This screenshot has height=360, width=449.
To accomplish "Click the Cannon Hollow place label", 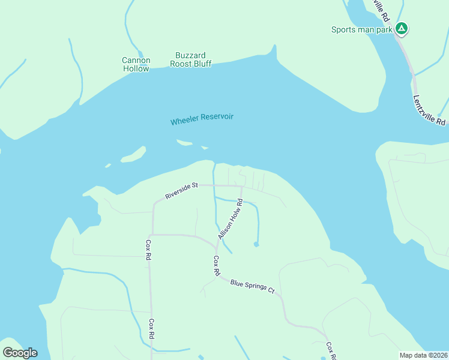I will pyautogui.click(x=136, y=64).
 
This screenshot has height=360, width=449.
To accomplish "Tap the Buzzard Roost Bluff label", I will pyautogui.click(x=191, y=59).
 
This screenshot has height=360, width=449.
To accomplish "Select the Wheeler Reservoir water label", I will pyautogui.click(x=202, y=119).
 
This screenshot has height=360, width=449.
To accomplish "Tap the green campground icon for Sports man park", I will pyautogui.click(x=402, y=28).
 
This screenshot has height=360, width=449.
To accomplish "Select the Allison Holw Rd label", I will pyautogui.click(x=230, y=220).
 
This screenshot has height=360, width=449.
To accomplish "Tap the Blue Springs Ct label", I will pyautogui.click(x=252, y=287).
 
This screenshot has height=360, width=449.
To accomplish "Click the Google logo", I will pyautogui.click(x=20, y=352).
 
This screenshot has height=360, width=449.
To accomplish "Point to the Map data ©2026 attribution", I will pyautogui.click(x=423, y=355).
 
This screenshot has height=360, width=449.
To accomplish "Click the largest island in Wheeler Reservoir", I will pyautogui.click(x=133, y=155).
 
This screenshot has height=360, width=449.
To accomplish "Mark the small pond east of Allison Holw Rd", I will pyautogui.click(x=256, y=244).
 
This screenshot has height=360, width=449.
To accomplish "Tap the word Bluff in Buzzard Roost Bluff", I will pyautogui.click(x=202, y=64).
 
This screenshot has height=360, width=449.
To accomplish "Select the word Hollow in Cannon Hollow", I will pyautogui.click(x=136, y=68).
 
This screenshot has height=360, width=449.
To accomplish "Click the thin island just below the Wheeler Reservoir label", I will pyautogui.click(x=184, y=143).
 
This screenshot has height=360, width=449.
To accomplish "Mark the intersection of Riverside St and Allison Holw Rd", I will pyautogui.click(x=241, y=186).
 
